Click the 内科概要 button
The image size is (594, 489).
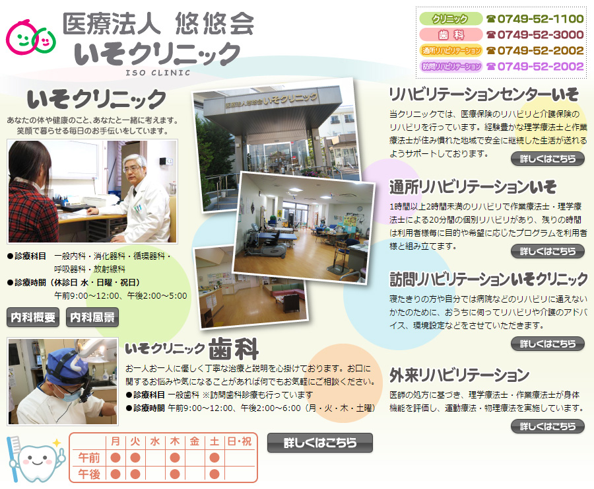[x=33, y=317]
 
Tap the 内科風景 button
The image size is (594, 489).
[x=92, y=317]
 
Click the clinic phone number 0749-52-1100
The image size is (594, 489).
[x=540, y=19]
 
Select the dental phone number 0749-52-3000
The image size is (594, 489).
[x=540, y=34]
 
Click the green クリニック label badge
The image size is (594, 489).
[x=450, y=19]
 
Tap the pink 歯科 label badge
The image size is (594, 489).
[x=450, y=34]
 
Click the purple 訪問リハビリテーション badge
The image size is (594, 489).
[x=450, y=66]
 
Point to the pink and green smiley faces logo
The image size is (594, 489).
[x=30, y=37]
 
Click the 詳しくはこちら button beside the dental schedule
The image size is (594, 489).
[x=320, y=443]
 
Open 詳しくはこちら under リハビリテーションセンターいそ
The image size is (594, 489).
[x=548, y=159]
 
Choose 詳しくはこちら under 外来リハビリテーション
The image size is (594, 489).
[x=548, y=426]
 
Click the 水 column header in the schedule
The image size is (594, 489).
[x=155, y=441]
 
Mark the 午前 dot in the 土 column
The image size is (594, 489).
[x=214, y=457]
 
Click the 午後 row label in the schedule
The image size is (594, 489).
[x=88, y=474]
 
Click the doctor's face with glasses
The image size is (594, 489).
[x=134, y=169]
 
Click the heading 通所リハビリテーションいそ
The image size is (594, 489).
[x=473, y=186]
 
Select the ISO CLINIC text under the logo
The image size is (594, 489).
[x=158, y=73]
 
